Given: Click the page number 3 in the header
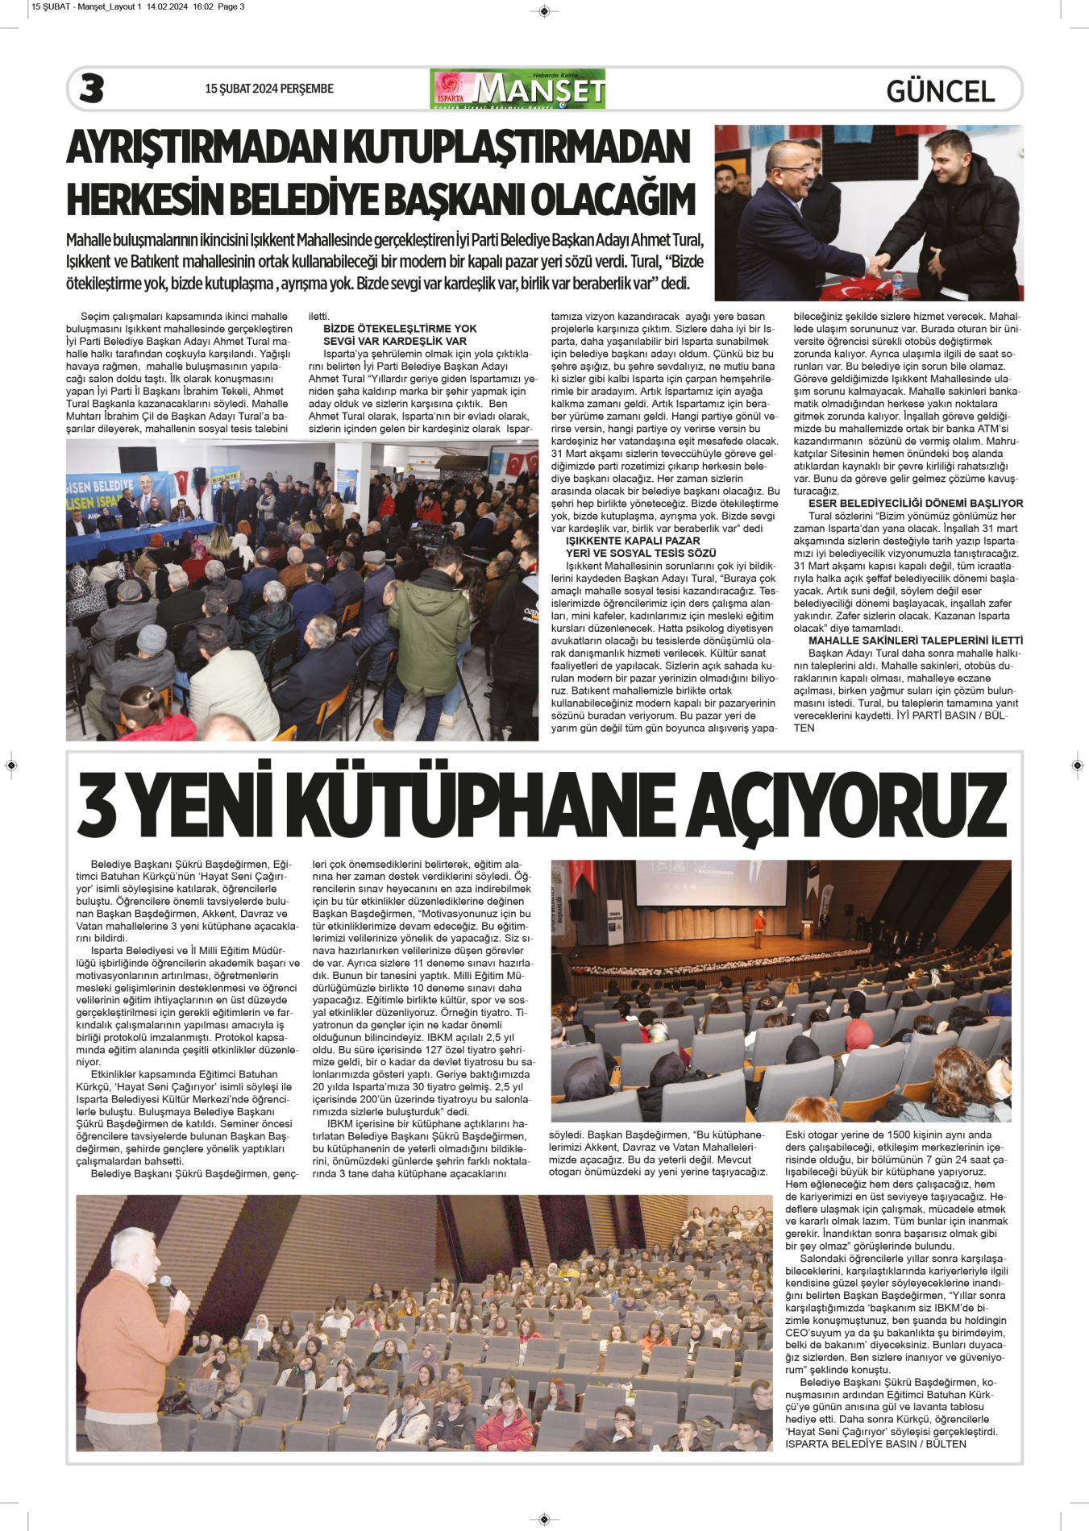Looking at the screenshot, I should [92, 89].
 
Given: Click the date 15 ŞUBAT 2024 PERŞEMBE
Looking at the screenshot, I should [268, 89].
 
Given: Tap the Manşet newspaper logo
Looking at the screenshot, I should [517, 89].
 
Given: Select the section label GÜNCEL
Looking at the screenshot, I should [940, 91].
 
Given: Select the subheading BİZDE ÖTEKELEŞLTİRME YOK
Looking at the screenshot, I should [400, 329].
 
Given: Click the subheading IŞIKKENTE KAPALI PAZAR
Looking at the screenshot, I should [633, 541].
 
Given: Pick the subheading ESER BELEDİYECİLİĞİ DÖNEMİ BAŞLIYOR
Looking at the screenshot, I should [916, 504].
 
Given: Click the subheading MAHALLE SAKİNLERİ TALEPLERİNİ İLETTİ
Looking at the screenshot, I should [916, 641].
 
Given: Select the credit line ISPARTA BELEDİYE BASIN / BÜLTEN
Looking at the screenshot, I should [875, 1444].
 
